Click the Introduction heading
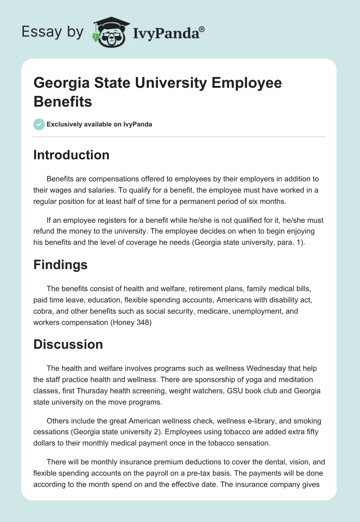[72, 155]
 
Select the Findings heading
[60, 265]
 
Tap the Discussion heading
[68, 345]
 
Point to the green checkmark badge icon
[39, 124]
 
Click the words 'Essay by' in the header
[52, 32]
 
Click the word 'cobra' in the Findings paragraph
[42, 311]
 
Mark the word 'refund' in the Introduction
[44, 231]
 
